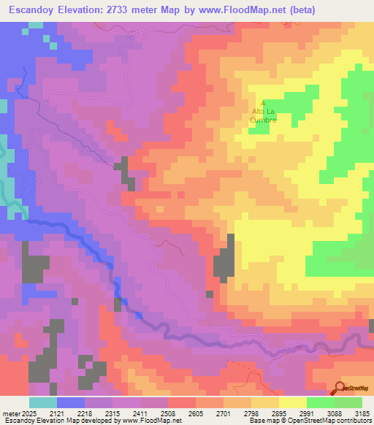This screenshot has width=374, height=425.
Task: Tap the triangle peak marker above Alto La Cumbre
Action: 263,102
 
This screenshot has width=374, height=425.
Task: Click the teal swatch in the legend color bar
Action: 43,402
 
